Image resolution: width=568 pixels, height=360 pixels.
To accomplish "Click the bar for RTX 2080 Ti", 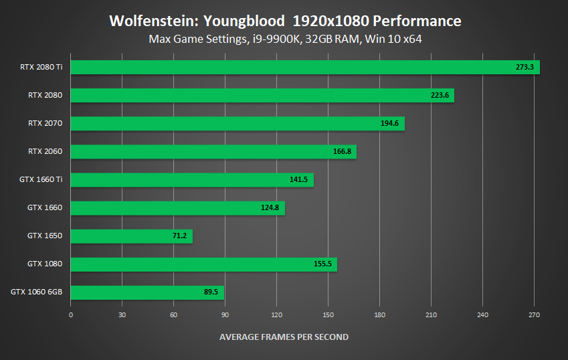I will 304,67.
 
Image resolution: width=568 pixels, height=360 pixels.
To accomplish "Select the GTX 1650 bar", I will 131,236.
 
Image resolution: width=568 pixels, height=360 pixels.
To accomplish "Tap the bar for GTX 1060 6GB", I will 147,292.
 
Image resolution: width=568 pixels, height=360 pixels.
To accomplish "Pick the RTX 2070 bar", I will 238,123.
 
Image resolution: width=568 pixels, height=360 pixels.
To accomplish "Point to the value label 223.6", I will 440,95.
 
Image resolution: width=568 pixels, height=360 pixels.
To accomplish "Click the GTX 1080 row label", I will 45,264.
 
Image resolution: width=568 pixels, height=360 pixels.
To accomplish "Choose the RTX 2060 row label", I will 45,151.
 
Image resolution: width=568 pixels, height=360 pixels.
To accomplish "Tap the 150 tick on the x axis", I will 328,314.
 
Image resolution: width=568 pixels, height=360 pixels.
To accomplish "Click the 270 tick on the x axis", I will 534,314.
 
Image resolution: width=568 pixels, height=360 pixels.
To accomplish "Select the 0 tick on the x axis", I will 71,314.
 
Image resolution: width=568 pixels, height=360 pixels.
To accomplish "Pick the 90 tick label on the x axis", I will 225,314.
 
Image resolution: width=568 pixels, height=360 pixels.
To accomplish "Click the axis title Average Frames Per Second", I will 284,337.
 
